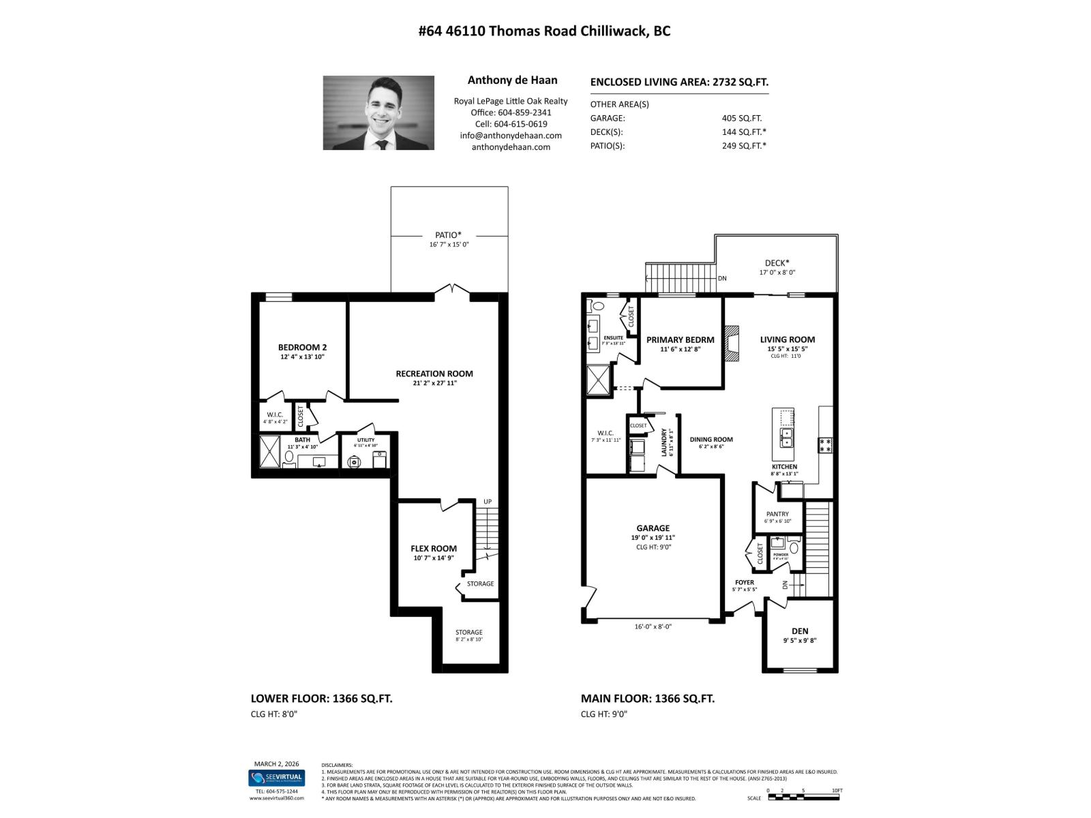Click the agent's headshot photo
click(378, 112)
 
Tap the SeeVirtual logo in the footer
click(276, 778)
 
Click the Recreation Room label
click(434, 374)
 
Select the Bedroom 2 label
click(302, 347)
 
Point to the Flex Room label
click(434, 548)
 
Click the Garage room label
click(653, 528)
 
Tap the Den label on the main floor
click(800, 631)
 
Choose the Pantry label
click(777, 514)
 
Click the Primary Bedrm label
click(680, 339)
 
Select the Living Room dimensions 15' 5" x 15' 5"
click(788, 349)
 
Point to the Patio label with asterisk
click(448, 235)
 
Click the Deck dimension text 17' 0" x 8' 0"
click(777, 272)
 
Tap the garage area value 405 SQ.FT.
click(742, 118)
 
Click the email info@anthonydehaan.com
click(511, 136)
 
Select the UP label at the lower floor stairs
click(488, 502)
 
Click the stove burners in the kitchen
click(825, 445)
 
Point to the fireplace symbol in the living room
click(731, 344)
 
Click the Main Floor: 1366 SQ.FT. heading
click(647, 699)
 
